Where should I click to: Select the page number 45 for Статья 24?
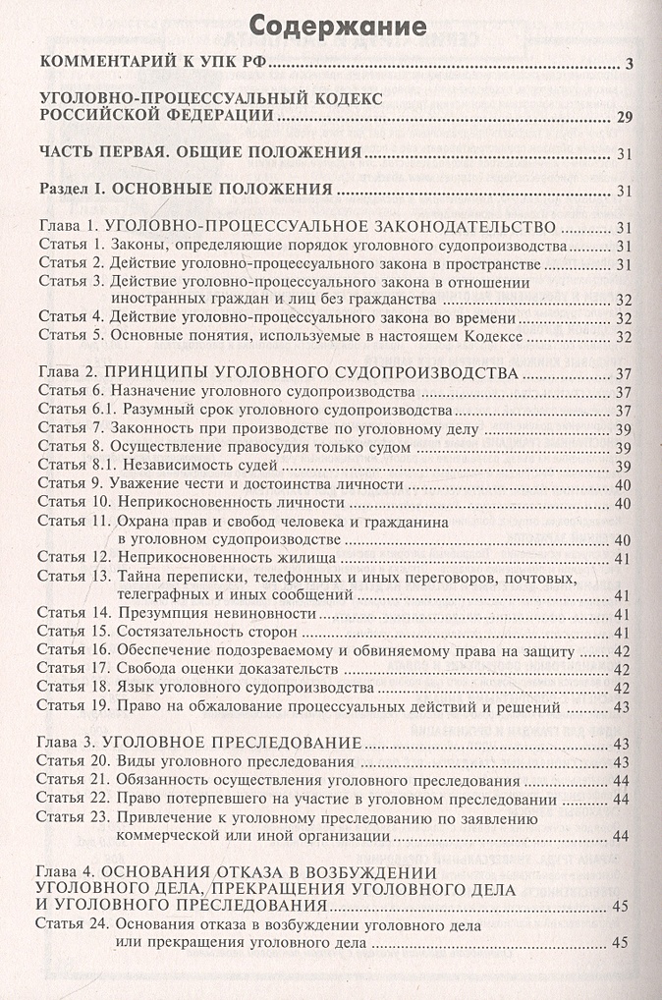(x=620, y=943)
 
